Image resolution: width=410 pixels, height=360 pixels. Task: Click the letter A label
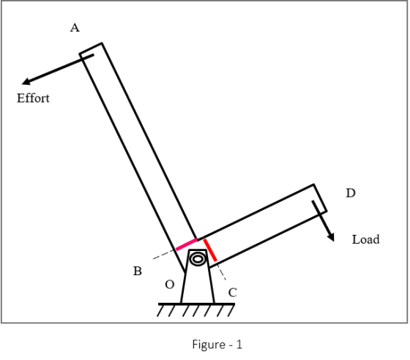tap(75, 28)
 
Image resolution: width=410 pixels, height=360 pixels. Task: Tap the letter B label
tap(138, 271)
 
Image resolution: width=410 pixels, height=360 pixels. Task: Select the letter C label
tap(233, 293)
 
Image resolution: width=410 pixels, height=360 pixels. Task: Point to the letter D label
tap(351, 193)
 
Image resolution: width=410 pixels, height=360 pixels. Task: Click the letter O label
tap(170, 285)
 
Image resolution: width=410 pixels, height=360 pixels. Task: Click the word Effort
tap(33, 98)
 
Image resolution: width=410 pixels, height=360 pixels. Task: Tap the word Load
tap(365, 239)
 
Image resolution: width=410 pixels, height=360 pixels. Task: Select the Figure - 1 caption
tap(217, 345)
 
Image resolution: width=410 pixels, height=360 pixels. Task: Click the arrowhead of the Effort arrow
tap(26, 82)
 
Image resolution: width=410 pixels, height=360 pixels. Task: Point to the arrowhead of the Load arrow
tap(331, 237)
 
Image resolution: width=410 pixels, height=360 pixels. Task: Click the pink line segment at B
tap(187, 244)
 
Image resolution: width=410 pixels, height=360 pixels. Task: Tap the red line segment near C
tap(210, 250)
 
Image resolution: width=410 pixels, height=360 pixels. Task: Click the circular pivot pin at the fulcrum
tap(198, 259)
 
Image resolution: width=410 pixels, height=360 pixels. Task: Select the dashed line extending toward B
tap(164, 254)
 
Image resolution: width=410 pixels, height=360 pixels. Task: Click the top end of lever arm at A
tap(91, 48)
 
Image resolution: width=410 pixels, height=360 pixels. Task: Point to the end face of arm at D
tap(320, 198)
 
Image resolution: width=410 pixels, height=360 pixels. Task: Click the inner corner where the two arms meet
tap(198, 239)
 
